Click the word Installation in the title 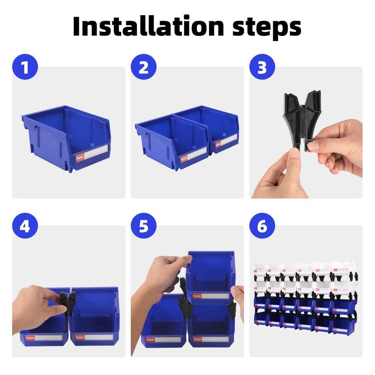148,27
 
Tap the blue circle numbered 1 25,67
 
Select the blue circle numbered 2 144,67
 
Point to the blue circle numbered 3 262,67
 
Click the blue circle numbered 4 25,225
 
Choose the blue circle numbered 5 144,225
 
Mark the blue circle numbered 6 262,225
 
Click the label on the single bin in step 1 92,154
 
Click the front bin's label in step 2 194,155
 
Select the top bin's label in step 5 210,296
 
